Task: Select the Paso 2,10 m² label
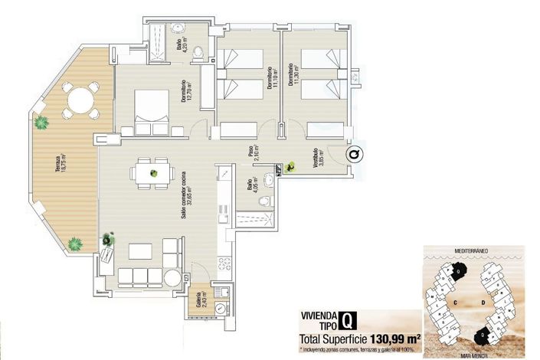pyautogui.click(x=252, y=155)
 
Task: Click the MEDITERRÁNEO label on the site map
pyautogui.click(x=472, y=250)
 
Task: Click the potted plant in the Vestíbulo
pyautogui.click(x=290, y=167)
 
